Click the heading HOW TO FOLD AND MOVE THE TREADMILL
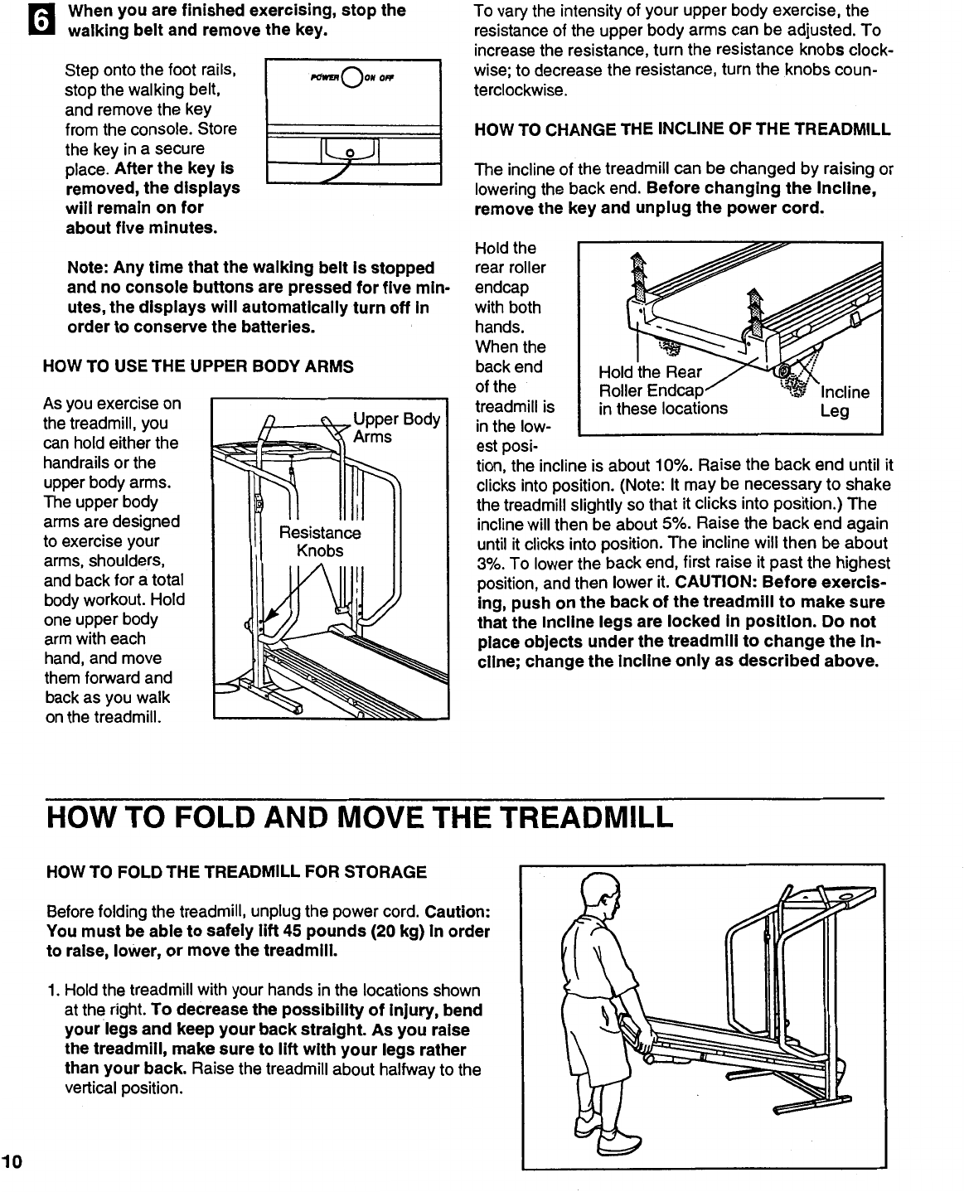coord(358,818)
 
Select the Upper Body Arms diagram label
coord(395,427)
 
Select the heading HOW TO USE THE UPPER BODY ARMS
coord(198,366)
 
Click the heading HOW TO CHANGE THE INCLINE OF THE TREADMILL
coord(681,130)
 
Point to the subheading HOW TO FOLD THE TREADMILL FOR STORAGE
coord(237,872)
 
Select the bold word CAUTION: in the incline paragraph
coord(724,583)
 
